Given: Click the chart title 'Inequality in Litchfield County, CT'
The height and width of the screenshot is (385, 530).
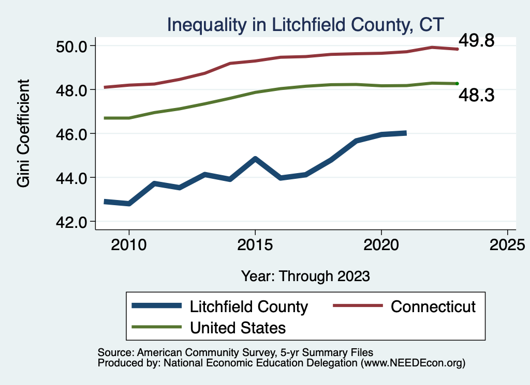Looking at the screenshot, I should pos(305,24).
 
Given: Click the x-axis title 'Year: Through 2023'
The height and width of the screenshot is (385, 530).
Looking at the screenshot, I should pos(305,276).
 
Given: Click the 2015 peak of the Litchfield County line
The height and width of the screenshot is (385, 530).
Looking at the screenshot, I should pos(255,159).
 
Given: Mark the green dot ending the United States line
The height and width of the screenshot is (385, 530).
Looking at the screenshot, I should pos(457,83).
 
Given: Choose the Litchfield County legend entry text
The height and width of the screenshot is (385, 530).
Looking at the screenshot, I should pos(249,306).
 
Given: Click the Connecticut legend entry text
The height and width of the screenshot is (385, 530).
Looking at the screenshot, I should pos(433,306).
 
